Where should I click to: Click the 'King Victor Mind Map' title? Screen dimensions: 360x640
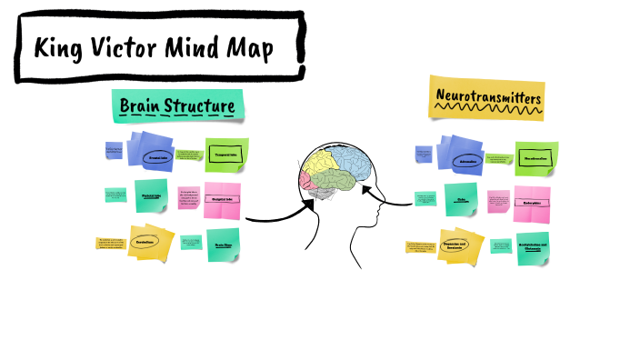point(155,48)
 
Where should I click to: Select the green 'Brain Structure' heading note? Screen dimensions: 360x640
point(179,107)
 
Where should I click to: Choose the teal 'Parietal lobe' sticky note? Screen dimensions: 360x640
point(153,195)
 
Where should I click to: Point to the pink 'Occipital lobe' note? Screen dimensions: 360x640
point(224,199)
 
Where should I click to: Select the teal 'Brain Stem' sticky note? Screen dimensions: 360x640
point(223,245)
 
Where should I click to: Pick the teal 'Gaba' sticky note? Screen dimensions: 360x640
point(461,199)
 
